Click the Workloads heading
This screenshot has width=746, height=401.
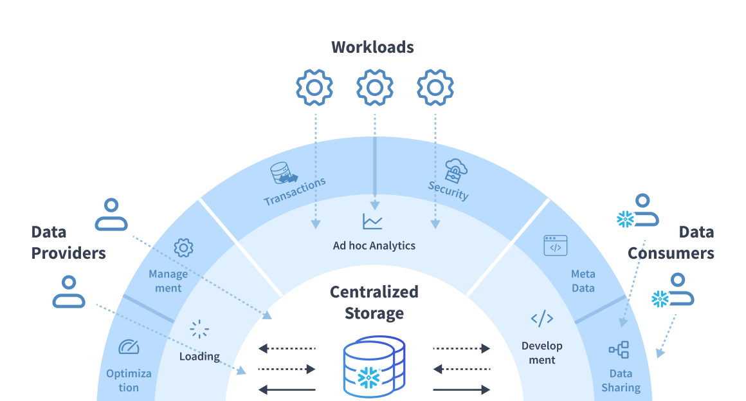372,47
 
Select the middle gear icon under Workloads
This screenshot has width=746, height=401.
375,88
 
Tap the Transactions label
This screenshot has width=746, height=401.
295,191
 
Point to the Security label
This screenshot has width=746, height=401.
448,191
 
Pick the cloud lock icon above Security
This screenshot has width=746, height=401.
456,171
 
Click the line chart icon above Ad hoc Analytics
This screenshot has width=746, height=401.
372,221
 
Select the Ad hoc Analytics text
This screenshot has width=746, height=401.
374,246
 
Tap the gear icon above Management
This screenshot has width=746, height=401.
184,248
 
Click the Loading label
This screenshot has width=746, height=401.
199,356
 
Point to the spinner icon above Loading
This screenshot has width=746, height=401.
199,329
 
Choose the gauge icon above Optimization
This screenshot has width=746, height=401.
129,347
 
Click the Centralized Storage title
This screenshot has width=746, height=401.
374,303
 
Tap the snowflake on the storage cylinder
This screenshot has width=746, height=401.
368,378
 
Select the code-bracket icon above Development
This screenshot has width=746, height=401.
542,319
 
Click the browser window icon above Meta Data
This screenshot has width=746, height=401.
555,245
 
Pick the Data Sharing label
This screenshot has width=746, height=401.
621,380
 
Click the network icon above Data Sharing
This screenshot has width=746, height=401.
619,350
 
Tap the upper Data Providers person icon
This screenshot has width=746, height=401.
111,214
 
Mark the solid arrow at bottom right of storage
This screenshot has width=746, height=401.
462,389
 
